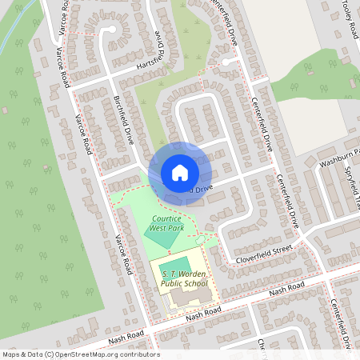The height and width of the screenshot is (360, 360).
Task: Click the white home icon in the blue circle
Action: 179,172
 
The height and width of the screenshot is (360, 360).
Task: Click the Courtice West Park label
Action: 167,223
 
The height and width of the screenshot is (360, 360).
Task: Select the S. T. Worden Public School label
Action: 178,279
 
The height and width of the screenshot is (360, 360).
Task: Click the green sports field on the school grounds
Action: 175,265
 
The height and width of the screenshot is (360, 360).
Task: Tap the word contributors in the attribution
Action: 141,354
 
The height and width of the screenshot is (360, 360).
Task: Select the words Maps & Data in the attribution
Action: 22,354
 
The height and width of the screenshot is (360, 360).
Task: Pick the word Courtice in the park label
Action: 167,218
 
